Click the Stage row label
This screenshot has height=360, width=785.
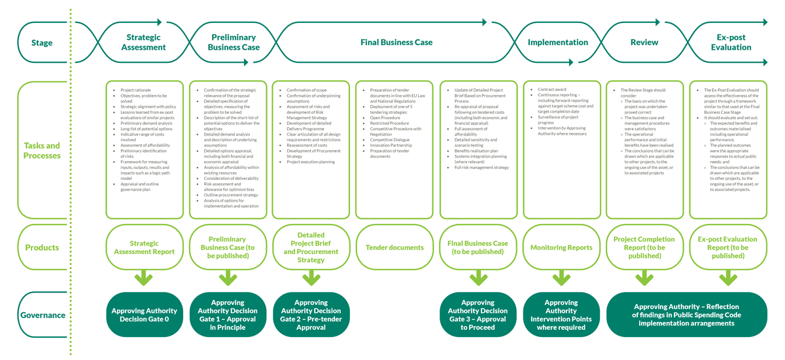42,43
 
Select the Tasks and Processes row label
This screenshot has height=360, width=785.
42,151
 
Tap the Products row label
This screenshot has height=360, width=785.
42,247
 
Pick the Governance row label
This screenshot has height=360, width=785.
42,315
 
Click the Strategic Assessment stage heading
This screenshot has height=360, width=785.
144,43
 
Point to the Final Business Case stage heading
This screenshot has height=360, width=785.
396,43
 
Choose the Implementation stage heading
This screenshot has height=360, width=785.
558,43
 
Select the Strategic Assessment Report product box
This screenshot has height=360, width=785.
145,247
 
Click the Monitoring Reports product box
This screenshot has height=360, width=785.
561,247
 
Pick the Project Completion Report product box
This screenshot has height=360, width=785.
644,247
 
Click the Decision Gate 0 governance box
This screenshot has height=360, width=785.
145,315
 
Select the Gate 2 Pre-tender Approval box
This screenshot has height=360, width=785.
311,315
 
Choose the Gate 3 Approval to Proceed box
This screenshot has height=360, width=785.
478,315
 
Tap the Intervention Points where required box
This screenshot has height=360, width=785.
561,315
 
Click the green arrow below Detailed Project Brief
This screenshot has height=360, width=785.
311,279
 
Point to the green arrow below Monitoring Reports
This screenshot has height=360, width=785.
561,279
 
